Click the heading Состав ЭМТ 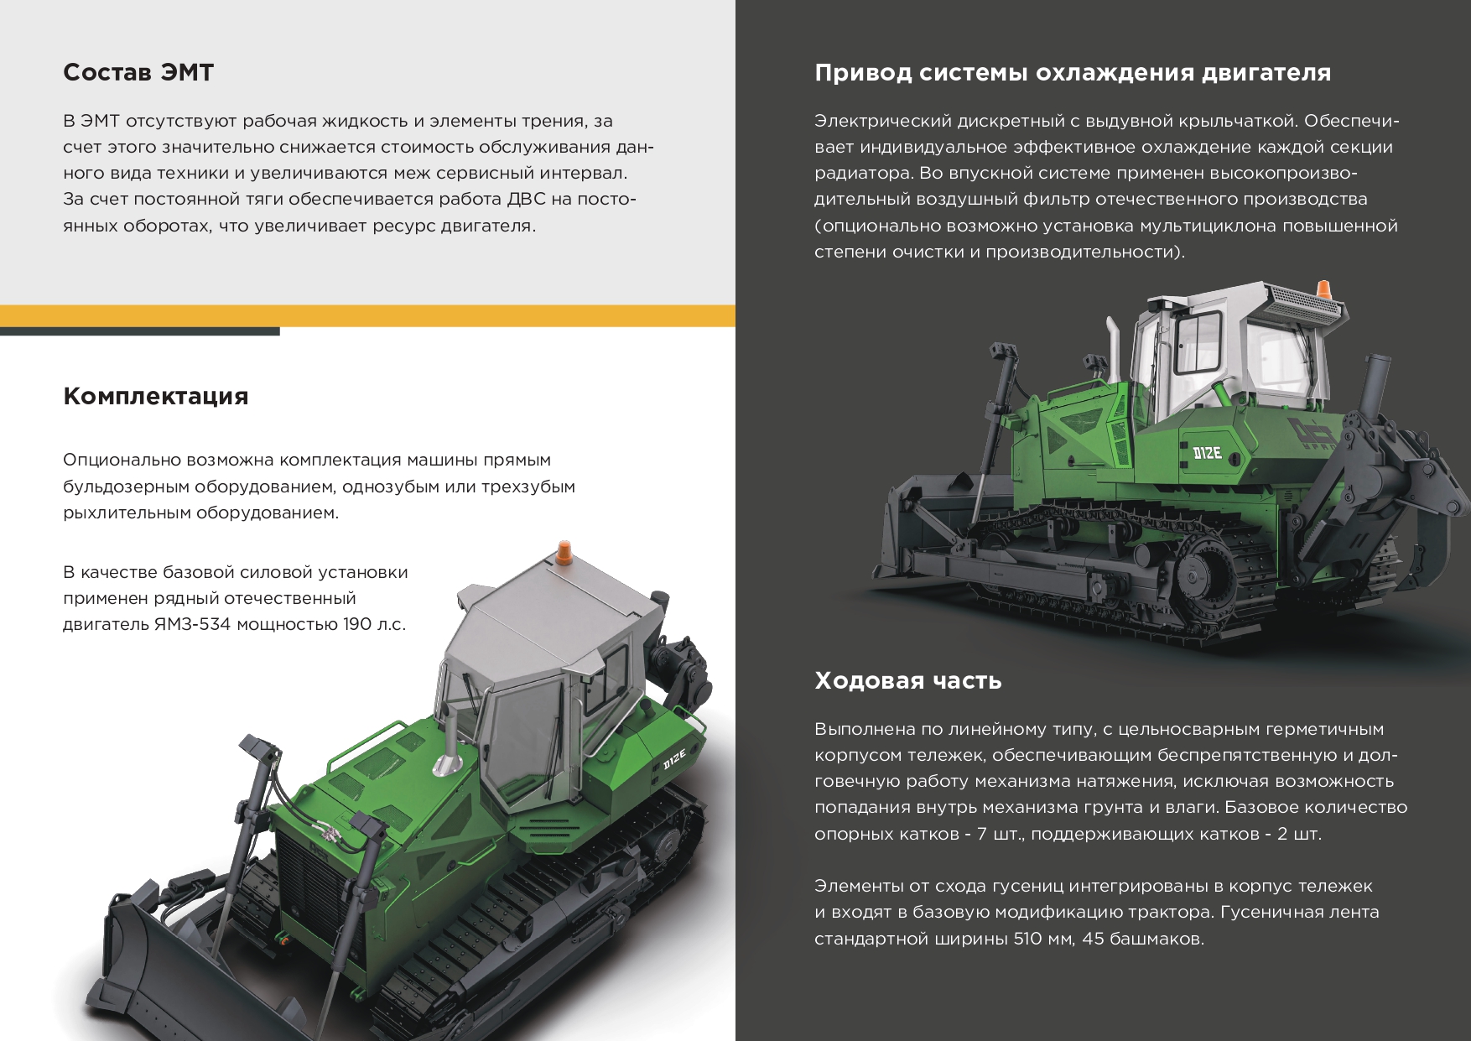click(x=138, y=72)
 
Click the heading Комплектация click(x=156, y=396)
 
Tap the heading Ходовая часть click(x=908, y=679)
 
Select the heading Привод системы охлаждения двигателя click(x=1073, y=73)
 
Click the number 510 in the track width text click(x=1027, y=939)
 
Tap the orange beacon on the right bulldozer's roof click(x=1324, y=289)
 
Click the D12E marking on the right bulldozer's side click(x=1207, y=454)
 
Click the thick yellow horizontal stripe click(x=367, y=315)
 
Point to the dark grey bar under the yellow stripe click(x=139, y=331)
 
